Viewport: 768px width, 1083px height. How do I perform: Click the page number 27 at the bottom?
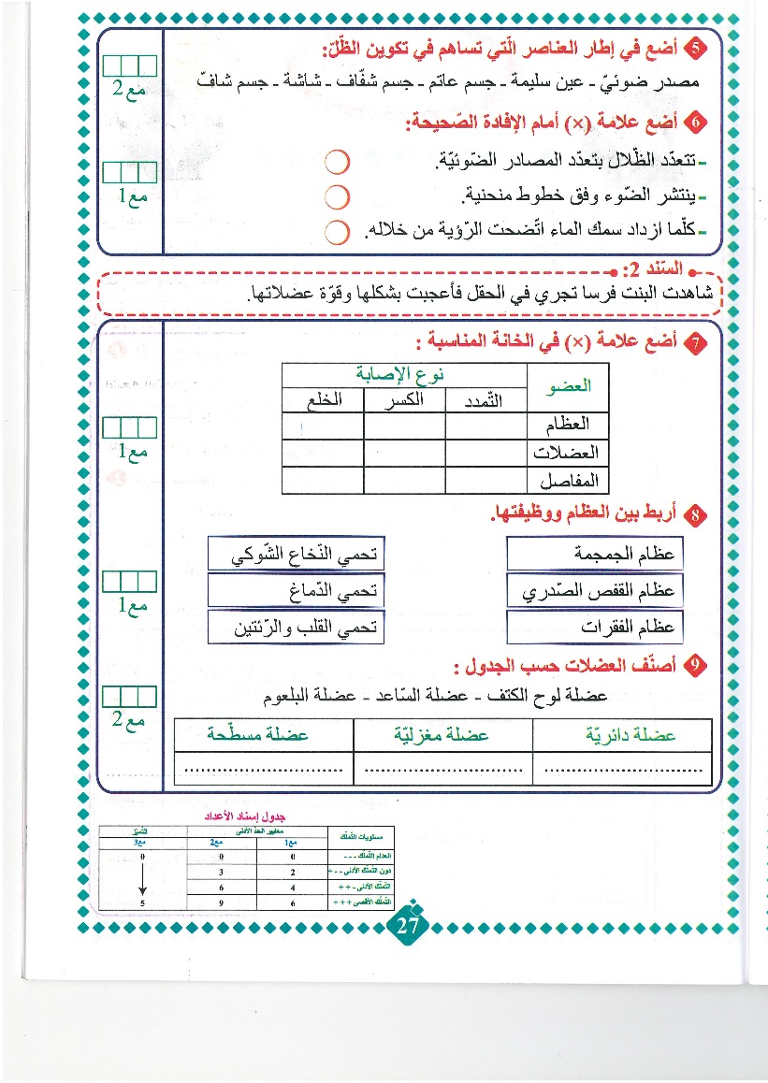pyautogui.click(x=406, y=927)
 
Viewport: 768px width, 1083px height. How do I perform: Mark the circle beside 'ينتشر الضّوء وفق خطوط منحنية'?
pyautogui.click(x=337, y=197)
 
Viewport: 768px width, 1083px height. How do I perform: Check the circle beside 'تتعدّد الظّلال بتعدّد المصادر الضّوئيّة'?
pyautogui.click(x=337, y=163)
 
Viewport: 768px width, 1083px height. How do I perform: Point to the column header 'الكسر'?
pyautogui.click(x=403, y=400)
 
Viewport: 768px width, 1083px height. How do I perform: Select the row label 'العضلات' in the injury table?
pyautogui.click(x=565, y=453)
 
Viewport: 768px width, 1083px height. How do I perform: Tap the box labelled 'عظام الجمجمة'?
pyautogui.click(x=593, y=554)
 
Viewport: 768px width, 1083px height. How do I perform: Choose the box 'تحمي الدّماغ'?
pyautogui.click(x=296, y=590)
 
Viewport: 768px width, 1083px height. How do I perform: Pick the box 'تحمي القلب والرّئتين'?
pyautogui.click(x=296, y=627)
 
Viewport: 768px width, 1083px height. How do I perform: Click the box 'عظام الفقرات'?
pyautogui.click(x=593, y=627)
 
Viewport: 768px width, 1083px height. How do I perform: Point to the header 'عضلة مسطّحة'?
pyautogui.click(x=264, y=735)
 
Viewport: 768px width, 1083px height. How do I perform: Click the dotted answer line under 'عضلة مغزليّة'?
pyautogui.click(x=442, y=771)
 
